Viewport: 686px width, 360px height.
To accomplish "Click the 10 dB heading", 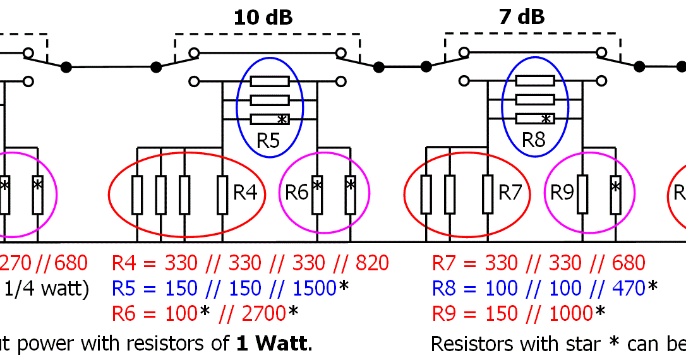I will point(263,18).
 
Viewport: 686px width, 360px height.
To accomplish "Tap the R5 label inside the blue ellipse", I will point(268,140).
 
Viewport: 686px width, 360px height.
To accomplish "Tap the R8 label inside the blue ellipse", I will point(534,140).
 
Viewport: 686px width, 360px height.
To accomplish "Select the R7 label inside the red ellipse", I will point(510,193).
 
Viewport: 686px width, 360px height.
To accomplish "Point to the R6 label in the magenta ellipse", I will point(296,193).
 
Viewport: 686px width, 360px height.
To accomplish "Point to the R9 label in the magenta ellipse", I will point(562,193).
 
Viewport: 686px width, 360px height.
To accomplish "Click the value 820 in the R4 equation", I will point(371,263).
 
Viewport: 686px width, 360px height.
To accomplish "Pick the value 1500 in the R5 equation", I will point(313,289).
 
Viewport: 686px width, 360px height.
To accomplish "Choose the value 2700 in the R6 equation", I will point(264,313).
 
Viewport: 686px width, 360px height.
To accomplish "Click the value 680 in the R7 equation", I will point(627,263).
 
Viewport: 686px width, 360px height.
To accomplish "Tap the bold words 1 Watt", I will point(273,344).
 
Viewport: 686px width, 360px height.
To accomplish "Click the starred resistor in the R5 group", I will point(270,119).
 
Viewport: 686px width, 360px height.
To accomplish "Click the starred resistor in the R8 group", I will point(535,119).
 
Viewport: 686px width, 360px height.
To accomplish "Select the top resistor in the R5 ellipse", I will point(270,81).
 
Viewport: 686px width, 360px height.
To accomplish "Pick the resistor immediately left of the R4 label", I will point(222,195).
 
